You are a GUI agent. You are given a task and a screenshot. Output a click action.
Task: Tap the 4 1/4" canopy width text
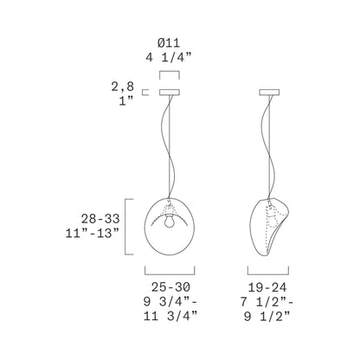tap(168, 59)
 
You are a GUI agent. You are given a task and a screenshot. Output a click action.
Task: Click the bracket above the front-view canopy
tap(168, 74)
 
